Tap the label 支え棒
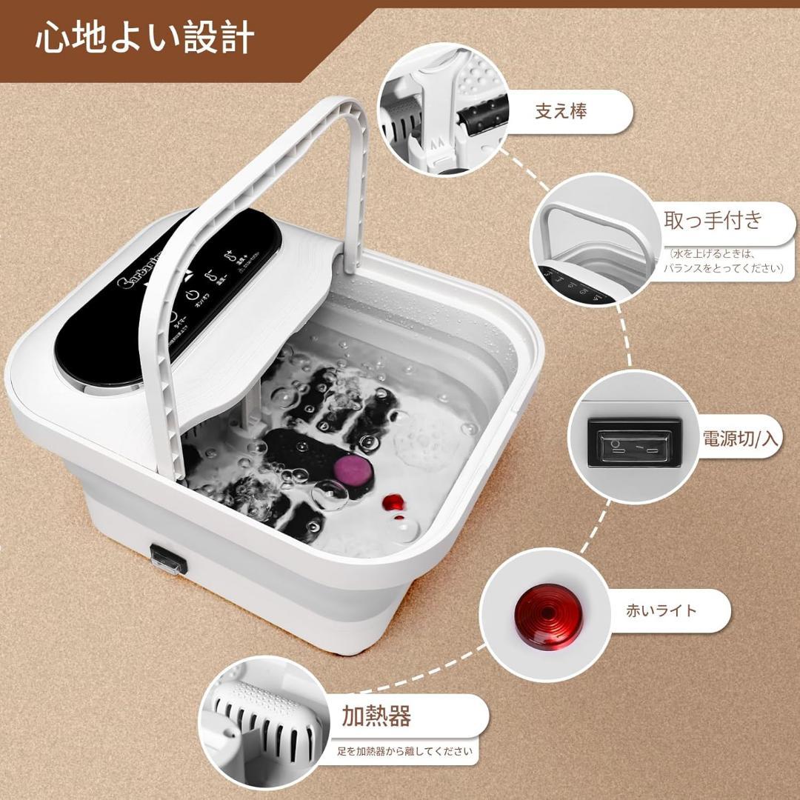561,111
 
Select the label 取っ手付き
712,220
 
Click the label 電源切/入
741,438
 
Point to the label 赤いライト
661,610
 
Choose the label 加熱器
376,716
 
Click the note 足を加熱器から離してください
404,750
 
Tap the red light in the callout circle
549,614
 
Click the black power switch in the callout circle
634,444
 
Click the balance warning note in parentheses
722,260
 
